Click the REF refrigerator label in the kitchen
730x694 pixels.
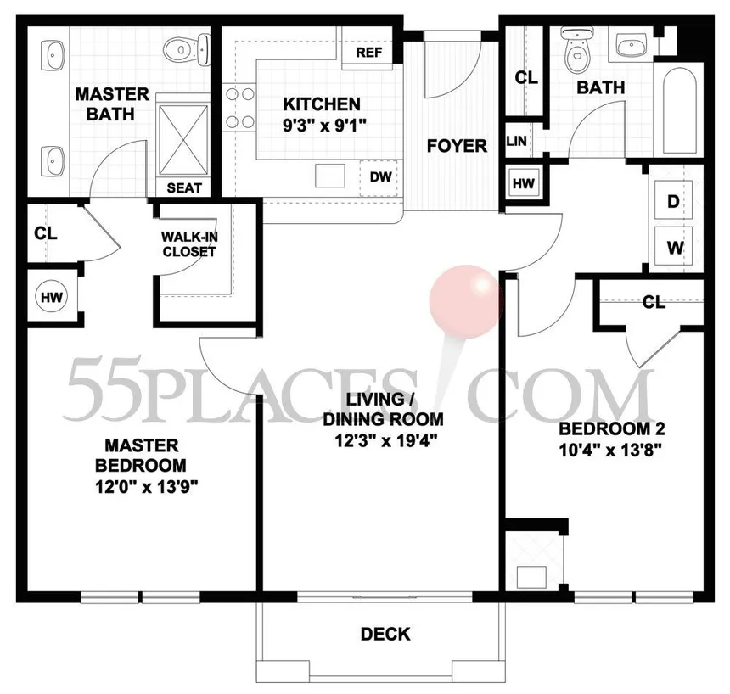[368, 53]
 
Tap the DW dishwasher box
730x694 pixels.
[379, 178]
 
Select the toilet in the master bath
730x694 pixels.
[186, 49]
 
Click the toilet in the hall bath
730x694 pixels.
[578, 50]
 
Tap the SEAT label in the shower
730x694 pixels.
[184, 188]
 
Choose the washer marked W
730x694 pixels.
[674, 247]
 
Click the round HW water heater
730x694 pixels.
[51, 297]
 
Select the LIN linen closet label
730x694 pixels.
[516, 141]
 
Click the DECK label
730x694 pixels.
[385, 635]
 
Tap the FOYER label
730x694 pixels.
[457, 146]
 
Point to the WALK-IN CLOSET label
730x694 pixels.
[189, 244]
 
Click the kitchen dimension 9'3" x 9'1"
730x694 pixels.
[325, 126]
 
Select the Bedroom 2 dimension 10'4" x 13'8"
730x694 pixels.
[611, 451]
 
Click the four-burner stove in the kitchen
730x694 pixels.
[239, 108]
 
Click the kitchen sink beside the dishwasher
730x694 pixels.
[330, 176]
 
